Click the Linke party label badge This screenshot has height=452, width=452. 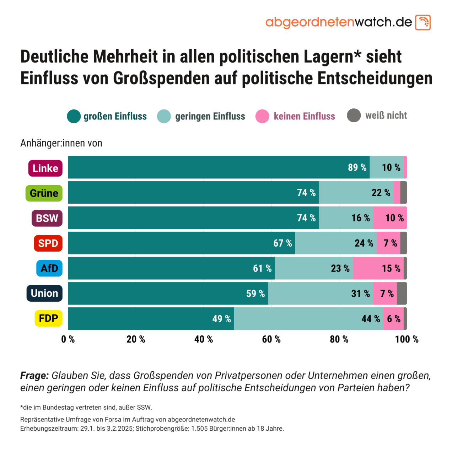45,168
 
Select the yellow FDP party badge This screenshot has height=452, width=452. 48,318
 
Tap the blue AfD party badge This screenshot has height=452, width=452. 49,268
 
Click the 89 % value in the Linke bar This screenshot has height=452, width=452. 357,167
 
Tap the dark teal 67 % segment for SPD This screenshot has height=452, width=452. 181,243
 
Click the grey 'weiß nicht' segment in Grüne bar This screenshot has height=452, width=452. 403,193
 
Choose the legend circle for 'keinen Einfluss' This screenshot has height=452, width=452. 262,116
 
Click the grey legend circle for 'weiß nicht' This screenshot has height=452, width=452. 354,115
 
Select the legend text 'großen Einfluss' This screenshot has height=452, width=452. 115,116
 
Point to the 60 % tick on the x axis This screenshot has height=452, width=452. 271,339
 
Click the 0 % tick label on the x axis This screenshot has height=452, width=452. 68,339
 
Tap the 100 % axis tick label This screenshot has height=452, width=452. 407,339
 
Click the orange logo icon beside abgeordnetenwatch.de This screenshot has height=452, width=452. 423,22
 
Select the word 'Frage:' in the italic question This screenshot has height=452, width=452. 34,375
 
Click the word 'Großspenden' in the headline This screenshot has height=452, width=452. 161,79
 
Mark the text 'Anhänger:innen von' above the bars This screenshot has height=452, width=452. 61,143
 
